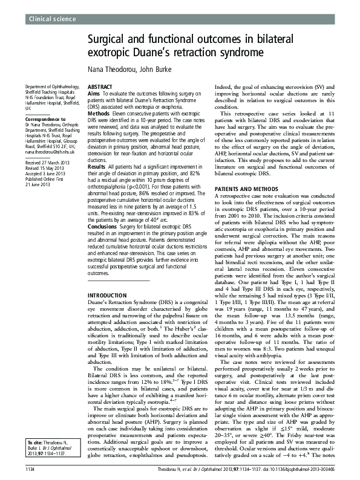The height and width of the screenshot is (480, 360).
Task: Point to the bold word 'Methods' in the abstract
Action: coord(99,113)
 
